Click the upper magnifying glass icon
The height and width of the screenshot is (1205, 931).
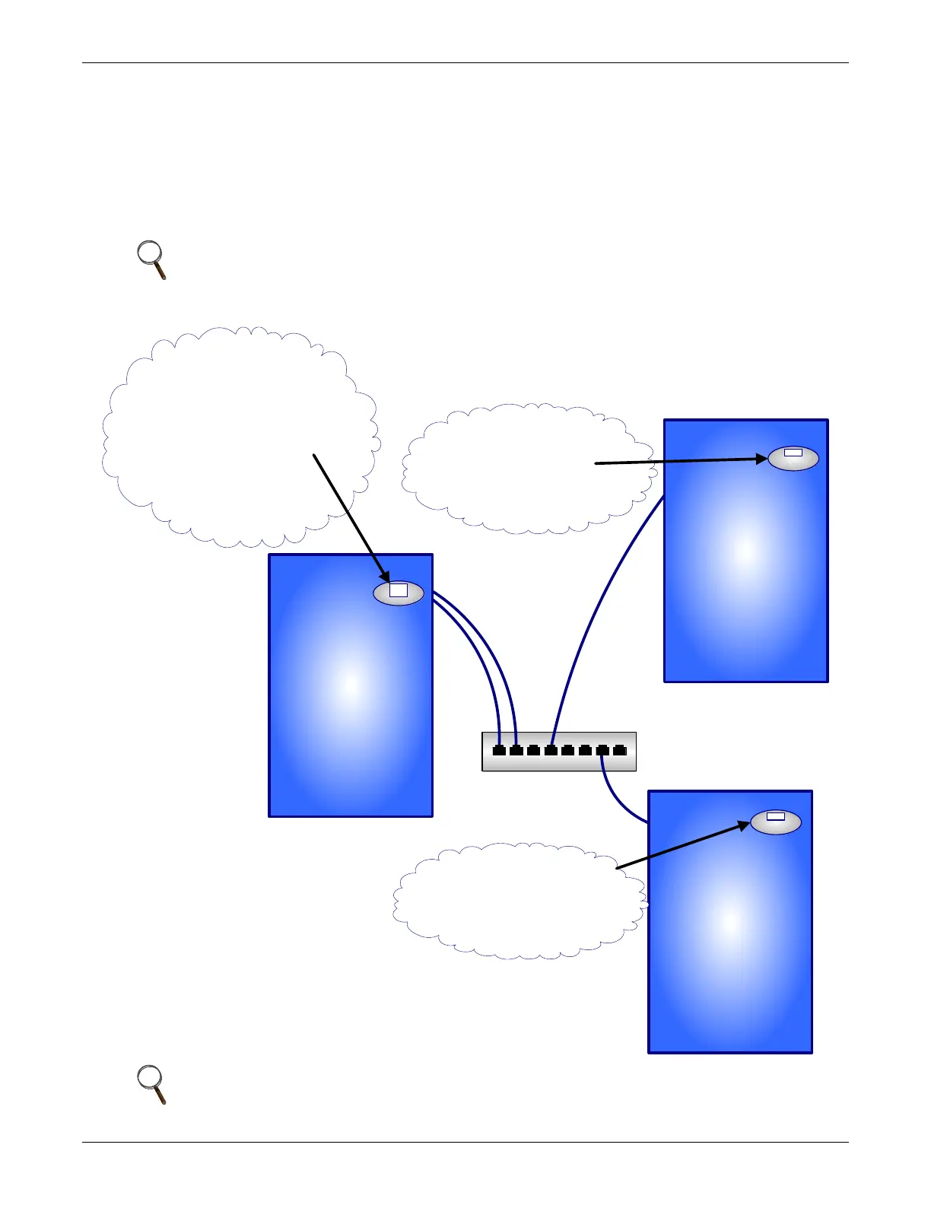click(151, 259)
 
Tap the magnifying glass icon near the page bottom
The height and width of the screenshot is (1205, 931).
click(151, 1083)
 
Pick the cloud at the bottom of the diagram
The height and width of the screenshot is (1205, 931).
click(510, 913)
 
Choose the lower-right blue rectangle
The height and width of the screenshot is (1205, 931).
click(730, 943)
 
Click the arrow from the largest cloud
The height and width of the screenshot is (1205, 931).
click(350, 517)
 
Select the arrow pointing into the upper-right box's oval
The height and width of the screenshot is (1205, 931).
click(677, 461)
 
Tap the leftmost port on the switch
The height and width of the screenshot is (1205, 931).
click(499, 750)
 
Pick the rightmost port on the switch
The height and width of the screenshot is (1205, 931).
click(620, 750)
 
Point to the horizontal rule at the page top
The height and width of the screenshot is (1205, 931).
click(465, 62)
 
